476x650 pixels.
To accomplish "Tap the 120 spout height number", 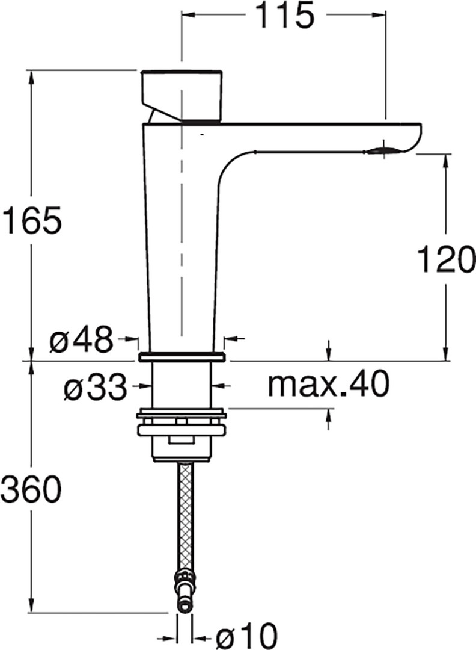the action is pyautogui.click(x=446, y=259).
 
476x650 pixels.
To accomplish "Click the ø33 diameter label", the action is pyautogui.click(x=95, y=387).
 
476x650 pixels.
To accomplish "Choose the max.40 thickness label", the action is pyautogui.click(x=329, y=384).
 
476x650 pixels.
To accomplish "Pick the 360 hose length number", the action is pyautogui.click(x=31, y=489).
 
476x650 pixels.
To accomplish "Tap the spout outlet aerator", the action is pyautogui.click(x=383, y=151).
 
